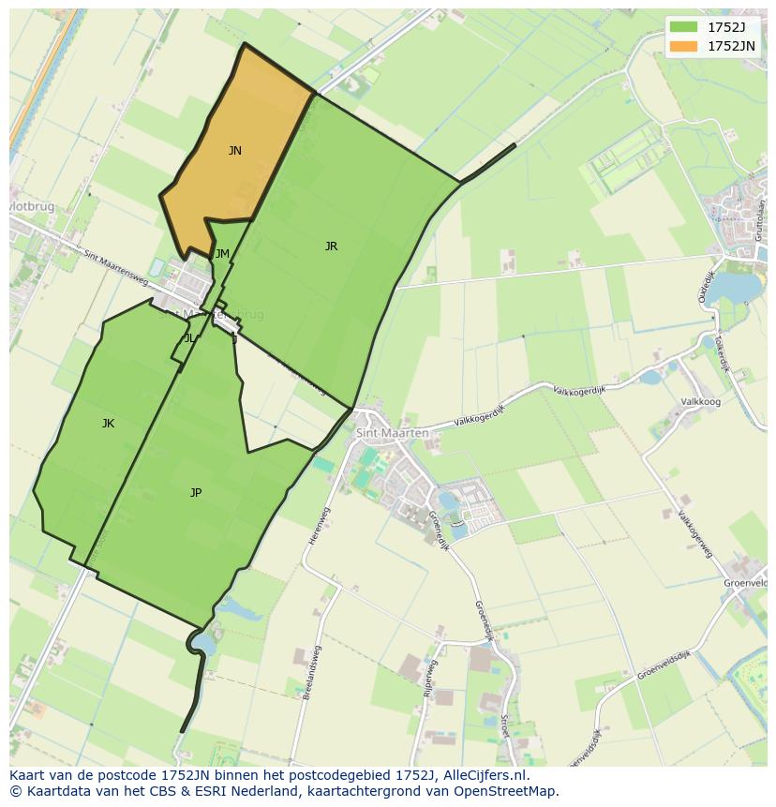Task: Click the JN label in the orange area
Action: click(235, 151)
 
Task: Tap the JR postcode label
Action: click(331, 247)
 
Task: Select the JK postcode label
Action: click(108, 424)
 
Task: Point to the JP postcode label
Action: click(196, 493)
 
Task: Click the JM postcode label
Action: click(222, 254)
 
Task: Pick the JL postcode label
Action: click(189, 338)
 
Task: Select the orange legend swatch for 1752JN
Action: click(683, 46)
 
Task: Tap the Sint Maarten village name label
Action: click(392, 433)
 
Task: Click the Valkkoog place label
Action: click(700, 402)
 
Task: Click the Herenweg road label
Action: click(314, 526)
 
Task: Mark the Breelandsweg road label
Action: click(311, 672)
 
